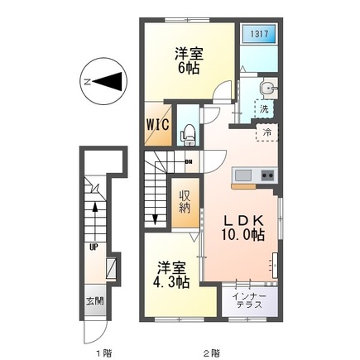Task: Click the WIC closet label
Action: (158, 124)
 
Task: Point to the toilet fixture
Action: (189, 130)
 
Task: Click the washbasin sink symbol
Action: (266, 89)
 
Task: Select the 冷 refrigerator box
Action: (266, 131)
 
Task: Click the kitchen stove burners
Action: (267, 175)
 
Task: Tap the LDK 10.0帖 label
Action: (241, 227)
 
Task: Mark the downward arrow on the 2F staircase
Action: (156, 217)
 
